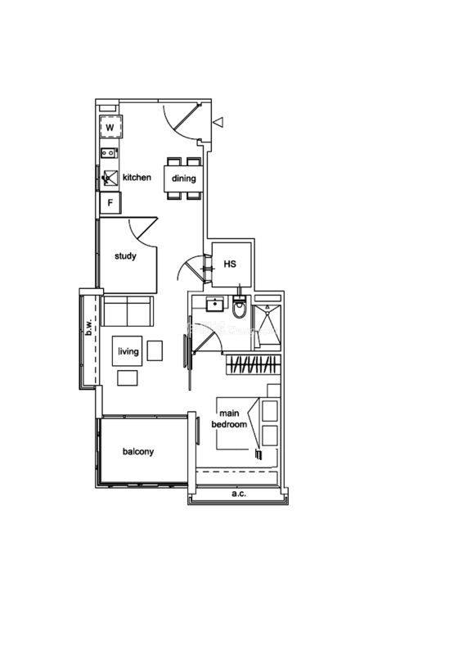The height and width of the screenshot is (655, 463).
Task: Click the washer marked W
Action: pyautogui.click(x=110, y=127)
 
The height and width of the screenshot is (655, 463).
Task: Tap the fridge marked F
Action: pyautogui.click(x=110, y=203)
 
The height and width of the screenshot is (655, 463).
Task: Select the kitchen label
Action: pyautogui.click(x=137, y=177)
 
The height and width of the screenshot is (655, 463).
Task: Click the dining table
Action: pyautogui.click(x=184, y=178)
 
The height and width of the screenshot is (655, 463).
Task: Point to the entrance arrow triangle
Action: pyautogui.click(x=218, y=122)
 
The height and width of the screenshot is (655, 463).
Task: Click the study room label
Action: pyautogui.click(x=125, y=255)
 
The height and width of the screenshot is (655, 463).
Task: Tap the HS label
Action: pyautogui.click(x=230, y=264)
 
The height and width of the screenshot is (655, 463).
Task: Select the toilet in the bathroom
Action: pyautogui.click(x=239, y=306)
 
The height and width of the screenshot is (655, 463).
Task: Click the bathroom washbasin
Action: pyautogui.click(x=215, y=304)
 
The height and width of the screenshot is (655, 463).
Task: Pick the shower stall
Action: pyautogui.click(x=266, y=327)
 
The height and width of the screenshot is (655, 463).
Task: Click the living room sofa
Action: pyautogui.click(x=128, y=311)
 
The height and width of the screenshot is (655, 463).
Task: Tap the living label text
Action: pyautogui.click(x=128, y=351)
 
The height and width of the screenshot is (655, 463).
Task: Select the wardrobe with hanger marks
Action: pyautogui.click(x=253, y=364)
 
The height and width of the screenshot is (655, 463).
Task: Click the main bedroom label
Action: pyautogui.click(x=229, y=418)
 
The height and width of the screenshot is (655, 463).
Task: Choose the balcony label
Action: pyautogui.click(x=138, y=452)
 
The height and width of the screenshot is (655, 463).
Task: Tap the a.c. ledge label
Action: pyautogui.click(x=239, y=494)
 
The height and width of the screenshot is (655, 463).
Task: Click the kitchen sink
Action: pyautogui.click(x=110, y=178)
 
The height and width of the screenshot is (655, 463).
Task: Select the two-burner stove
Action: pyautogui.click(x=109, y=153)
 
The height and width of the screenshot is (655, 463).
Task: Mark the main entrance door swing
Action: pyautogui.click(x=180, y=121)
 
